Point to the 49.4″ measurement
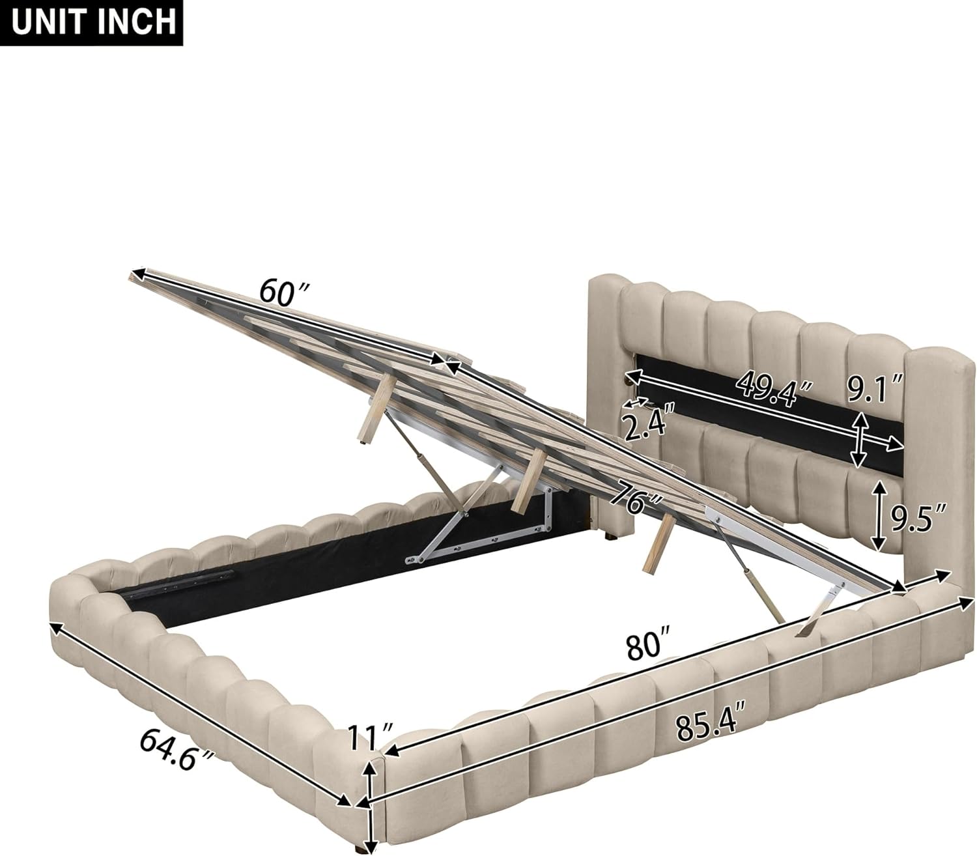click(776, 388)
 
